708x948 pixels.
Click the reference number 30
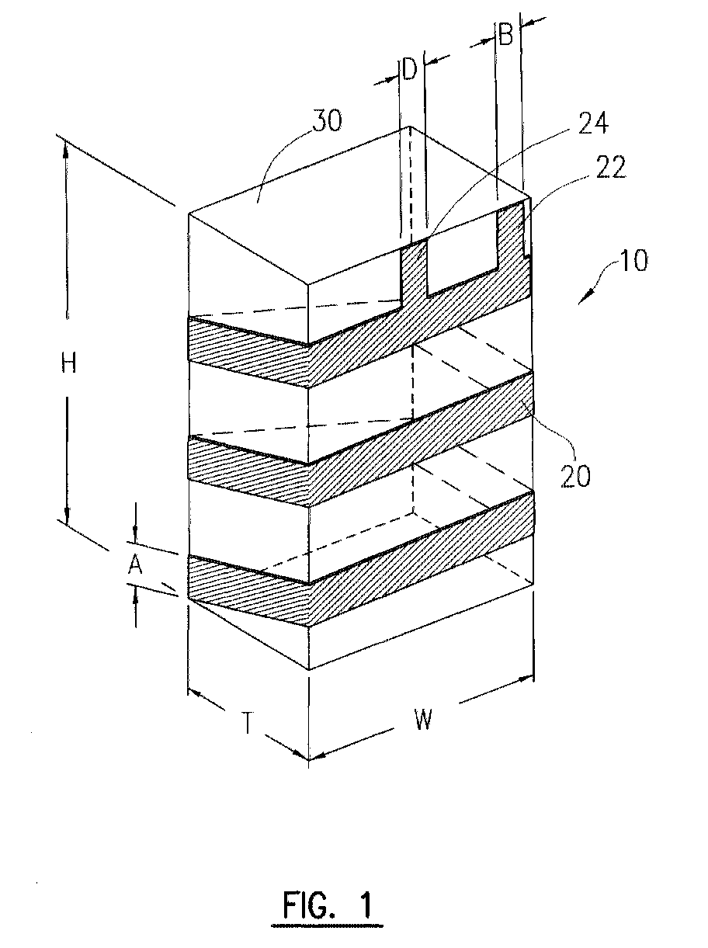327,120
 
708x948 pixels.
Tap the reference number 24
593,124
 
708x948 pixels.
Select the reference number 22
610,167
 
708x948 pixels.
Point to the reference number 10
633,260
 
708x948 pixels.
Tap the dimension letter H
68,363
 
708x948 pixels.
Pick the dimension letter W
423,719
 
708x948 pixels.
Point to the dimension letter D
410,70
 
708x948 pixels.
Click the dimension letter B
505,34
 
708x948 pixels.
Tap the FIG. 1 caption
328,905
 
